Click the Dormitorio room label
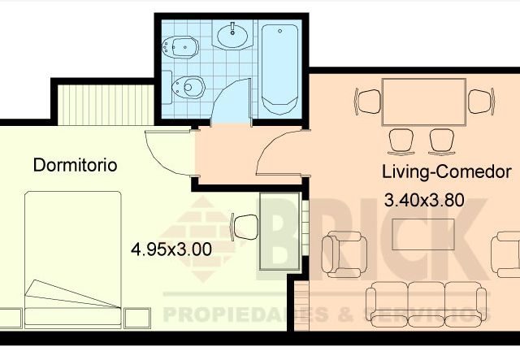pos(75,165)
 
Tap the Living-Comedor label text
pos(446,172)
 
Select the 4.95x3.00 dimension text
pos(171,249)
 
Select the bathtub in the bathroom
pos(280,70)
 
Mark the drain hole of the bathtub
pos(280,33)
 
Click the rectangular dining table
pos(424,102)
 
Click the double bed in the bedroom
pos(73,256)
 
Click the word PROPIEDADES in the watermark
pos(232,314)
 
